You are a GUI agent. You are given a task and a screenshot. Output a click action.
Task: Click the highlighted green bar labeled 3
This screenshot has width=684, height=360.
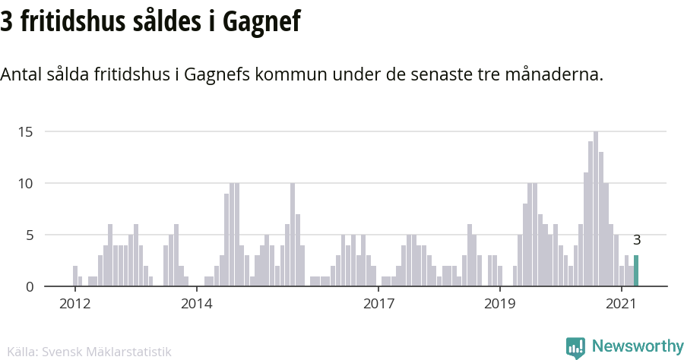pyautogui.click(x=636, y=271)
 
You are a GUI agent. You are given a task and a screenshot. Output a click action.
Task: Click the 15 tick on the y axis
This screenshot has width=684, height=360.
pyautogui.click(x=26, y=132)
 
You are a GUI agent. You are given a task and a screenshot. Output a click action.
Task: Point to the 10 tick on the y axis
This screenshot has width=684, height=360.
pyautogui.click(x=26, y=184)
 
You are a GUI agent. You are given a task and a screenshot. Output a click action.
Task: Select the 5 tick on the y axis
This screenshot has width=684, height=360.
pyautogui.click(x=29, y=235)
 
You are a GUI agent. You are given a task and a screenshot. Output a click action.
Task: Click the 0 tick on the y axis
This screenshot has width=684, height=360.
pyautogui.click(x=29, y=287)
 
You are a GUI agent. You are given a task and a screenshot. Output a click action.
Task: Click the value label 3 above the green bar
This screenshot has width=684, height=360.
pyautogui.click(x=637, y=240)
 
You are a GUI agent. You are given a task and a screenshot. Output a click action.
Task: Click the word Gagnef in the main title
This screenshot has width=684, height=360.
pyautogui.click(x=261, y=22)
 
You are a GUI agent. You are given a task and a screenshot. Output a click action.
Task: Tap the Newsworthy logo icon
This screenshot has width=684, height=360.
pyautogui.click(x=575, y=348)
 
